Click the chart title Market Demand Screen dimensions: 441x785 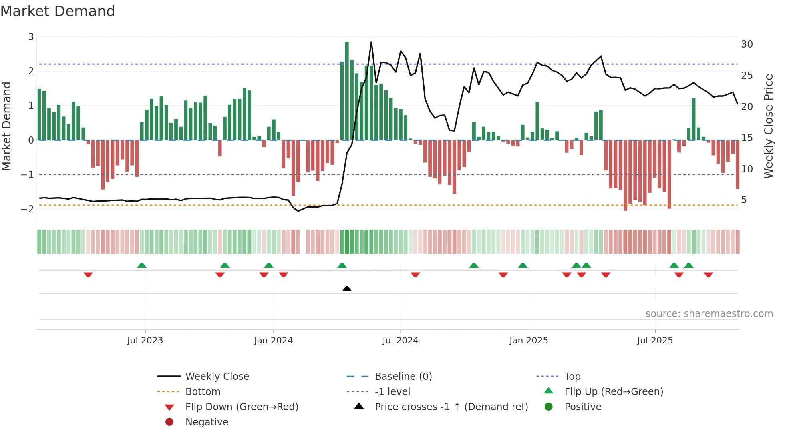tap(58, 11)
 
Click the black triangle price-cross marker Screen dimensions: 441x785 tap(347, 289)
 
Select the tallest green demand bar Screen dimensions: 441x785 tap(347, 90)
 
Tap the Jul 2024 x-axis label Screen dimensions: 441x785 tap(400, 341)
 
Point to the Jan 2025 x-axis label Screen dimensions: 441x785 tap(528, 341)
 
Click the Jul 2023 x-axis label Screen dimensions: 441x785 tap(145, 341)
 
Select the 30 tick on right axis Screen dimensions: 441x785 tap(747, 44)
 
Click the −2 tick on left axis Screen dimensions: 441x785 tap(28, 209)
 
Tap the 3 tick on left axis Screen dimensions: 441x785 tap(31, 37)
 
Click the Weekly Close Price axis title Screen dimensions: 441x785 tap(768, 126)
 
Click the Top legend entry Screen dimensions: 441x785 tap(572, 376)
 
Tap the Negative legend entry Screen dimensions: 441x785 tap(207, 422)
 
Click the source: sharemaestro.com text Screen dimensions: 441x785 tap(709, 313)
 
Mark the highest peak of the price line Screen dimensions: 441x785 tap(371, 42)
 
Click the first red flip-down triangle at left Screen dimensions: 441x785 tap(88, 275)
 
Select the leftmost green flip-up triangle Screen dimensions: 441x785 tap(142, 265)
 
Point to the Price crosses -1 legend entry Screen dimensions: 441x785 tap(451, 407)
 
